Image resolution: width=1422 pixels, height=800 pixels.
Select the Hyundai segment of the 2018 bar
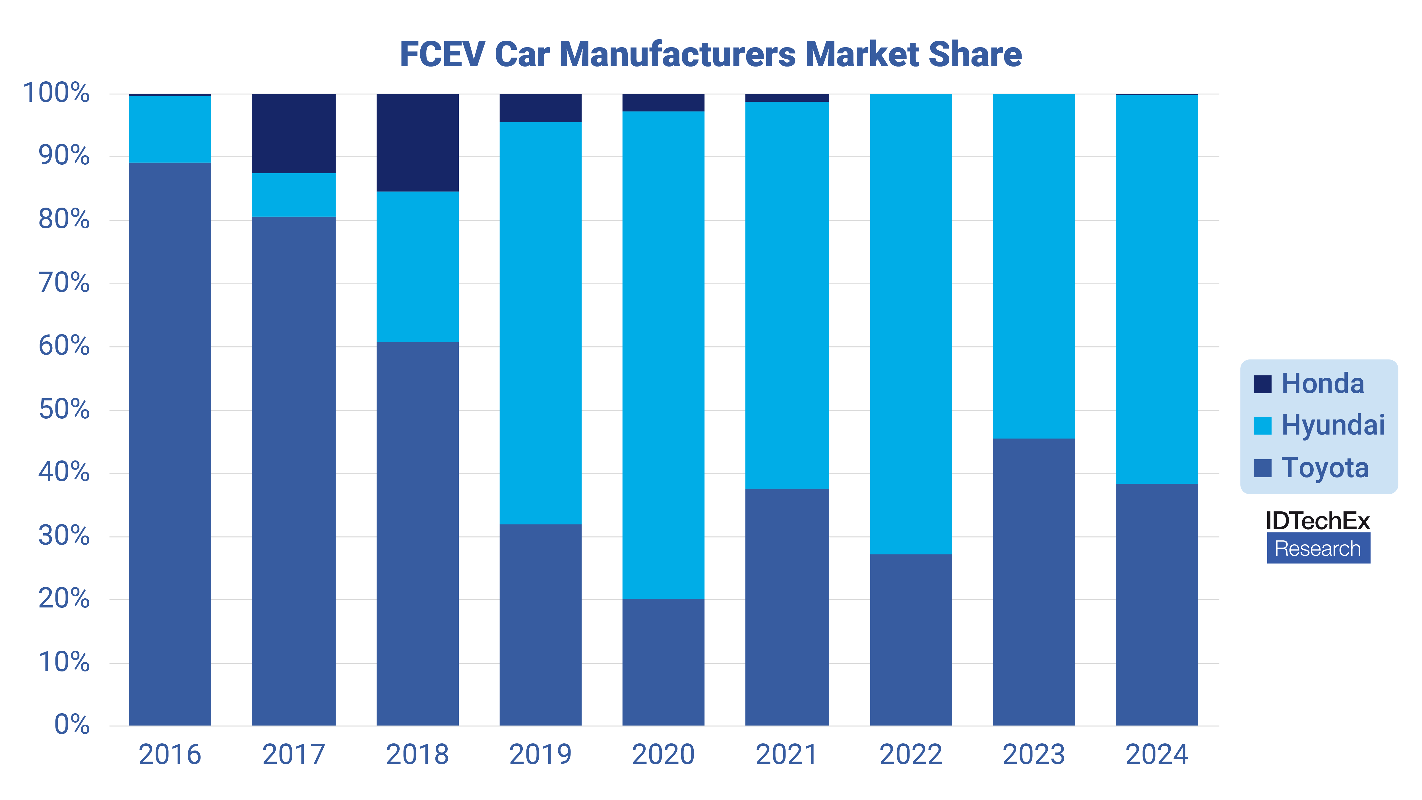pyautogui.click(x=417, y=267)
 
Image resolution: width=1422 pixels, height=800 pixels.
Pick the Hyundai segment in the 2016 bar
pyautogui.click(x=170, y=129)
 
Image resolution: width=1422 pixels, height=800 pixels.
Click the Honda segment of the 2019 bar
pyautogui.click(x=540, y=108)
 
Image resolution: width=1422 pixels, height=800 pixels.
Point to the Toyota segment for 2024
pyautogui.click(x=1156, y=605)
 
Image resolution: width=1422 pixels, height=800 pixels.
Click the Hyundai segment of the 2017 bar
pyautogui.click(x=294, y=195)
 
